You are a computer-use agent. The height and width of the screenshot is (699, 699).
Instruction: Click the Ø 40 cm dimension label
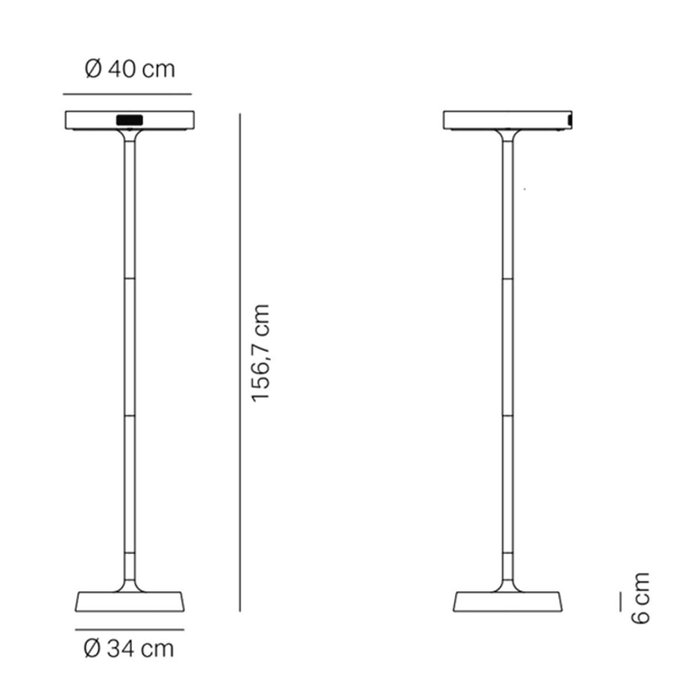tap(130, 69)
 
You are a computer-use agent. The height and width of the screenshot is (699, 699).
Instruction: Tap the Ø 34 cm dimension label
tap(129, 648)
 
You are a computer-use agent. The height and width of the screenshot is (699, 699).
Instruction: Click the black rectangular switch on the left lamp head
tap(129, 120)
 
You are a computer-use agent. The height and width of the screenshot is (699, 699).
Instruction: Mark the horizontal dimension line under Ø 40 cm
tap(128, 94)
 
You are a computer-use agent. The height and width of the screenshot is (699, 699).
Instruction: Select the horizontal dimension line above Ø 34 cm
tap(129, 630)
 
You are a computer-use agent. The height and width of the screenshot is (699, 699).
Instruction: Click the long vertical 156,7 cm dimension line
tap(240, 362)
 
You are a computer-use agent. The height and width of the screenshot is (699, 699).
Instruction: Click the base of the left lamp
tap(129, 602)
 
